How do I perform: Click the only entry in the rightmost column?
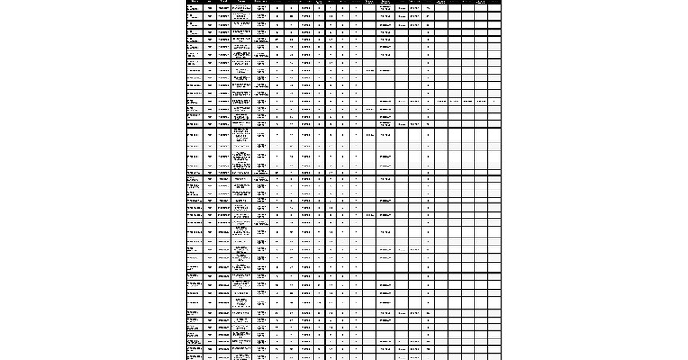[x=494, y=102]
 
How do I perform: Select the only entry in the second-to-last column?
[x=480, y=102]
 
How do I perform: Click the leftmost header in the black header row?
[x=193, y=2]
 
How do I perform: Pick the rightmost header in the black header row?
[x=494, y=2]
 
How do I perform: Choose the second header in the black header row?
[x=210, y=2]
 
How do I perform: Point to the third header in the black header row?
[x=224, y=2]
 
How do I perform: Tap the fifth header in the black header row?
[x=262, y=2]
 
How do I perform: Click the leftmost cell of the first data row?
[x=193, y=6]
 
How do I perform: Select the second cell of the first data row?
[x=210, y=6]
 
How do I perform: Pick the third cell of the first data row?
[x=224, y=6]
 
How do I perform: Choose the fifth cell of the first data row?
[x=262, y=6]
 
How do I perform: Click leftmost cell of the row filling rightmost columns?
[x=193, y=102]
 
